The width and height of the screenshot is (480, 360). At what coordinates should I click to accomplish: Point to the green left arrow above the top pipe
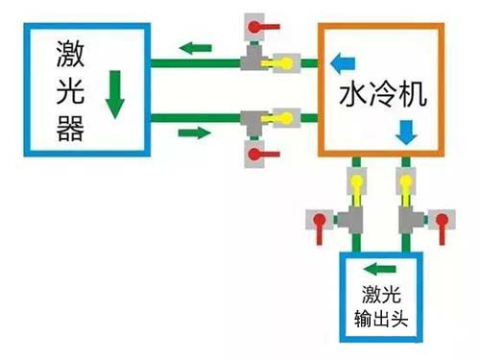199,46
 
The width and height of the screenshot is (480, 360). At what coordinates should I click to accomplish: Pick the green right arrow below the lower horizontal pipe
192,132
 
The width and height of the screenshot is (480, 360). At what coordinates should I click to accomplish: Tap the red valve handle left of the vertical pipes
317,222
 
